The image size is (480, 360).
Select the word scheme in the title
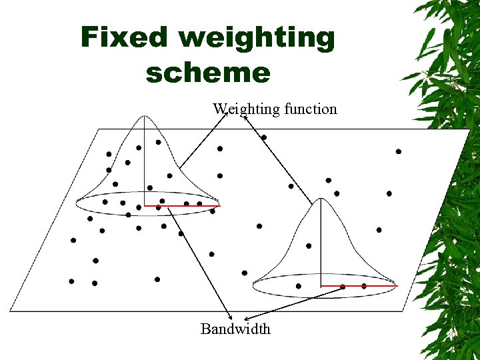click(x=207, y=73)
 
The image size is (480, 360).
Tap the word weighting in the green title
click(x=257, y=38)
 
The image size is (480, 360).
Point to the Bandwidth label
click(x=235, y=329)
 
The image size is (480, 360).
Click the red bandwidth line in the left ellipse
click(x=181, y=206)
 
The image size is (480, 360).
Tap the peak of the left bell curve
click(x=145, y=117)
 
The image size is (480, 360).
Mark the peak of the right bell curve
click(x=321, y=199)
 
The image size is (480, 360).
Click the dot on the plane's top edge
click(x=264, y=137)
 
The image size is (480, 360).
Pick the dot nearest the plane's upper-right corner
click(x=399, y=151)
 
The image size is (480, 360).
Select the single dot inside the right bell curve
click(x=309, y=246)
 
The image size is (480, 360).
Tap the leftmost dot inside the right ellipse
click(x=298, y=286)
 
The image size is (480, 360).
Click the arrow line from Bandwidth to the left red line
click(x=199, y=260)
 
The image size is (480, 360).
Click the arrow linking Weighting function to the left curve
click(x=203, y=140)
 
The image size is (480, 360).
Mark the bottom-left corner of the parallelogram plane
click(x=11, y=311)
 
